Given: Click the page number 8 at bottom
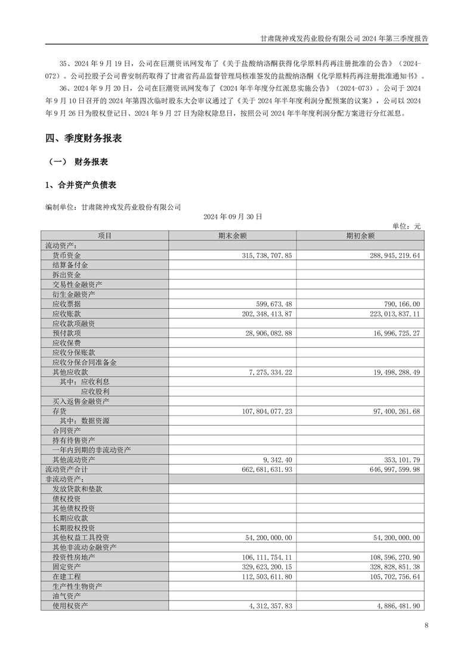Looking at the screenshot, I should pos(426,625).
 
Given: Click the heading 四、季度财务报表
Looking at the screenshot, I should pos(84,138).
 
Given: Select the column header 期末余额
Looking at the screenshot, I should pos(232,236).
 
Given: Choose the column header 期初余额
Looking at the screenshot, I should pos(360,236).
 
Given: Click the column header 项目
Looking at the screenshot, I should pos(105,236).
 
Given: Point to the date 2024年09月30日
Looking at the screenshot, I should pos(233,217).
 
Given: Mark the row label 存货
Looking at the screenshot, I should pos(59,411).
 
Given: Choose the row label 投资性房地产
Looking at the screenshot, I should pos(73,557).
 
